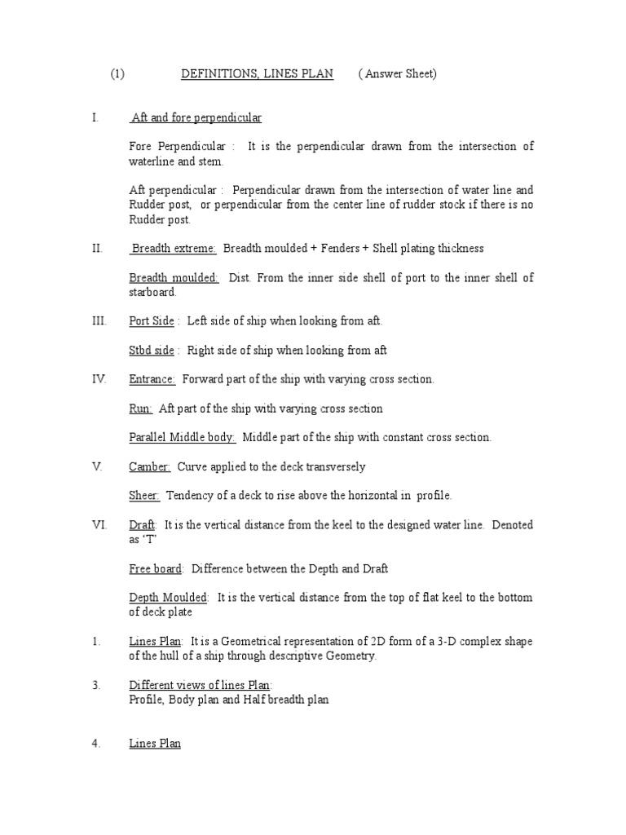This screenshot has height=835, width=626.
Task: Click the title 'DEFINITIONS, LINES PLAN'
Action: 256,74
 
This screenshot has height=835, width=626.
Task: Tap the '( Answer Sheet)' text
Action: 398,74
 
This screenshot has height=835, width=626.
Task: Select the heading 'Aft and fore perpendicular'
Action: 196,118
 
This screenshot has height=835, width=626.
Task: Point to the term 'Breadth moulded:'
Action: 174,278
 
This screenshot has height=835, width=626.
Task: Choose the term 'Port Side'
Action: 152,321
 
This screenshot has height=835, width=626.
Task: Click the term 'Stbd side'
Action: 152,351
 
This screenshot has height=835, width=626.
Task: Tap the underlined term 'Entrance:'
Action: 152,379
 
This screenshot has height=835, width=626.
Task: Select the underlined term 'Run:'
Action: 140,409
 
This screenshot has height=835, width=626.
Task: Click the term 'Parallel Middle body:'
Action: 183,438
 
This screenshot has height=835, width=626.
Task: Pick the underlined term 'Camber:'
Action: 150,467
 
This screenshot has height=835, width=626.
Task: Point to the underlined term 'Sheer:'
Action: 145,496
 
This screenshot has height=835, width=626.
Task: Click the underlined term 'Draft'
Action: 143,525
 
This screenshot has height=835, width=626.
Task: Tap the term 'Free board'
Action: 156,568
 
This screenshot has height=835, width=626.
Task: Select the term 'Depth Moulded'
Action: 169,598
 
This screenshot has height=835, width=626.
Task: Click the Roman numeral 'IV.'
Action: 99,379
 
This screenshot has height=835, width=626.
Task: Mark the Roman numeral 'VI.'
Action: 99,525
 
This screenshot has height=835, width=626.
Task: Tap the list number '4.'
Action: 96,744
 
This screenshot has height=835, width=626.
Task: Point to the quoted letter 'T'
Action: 150,540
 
